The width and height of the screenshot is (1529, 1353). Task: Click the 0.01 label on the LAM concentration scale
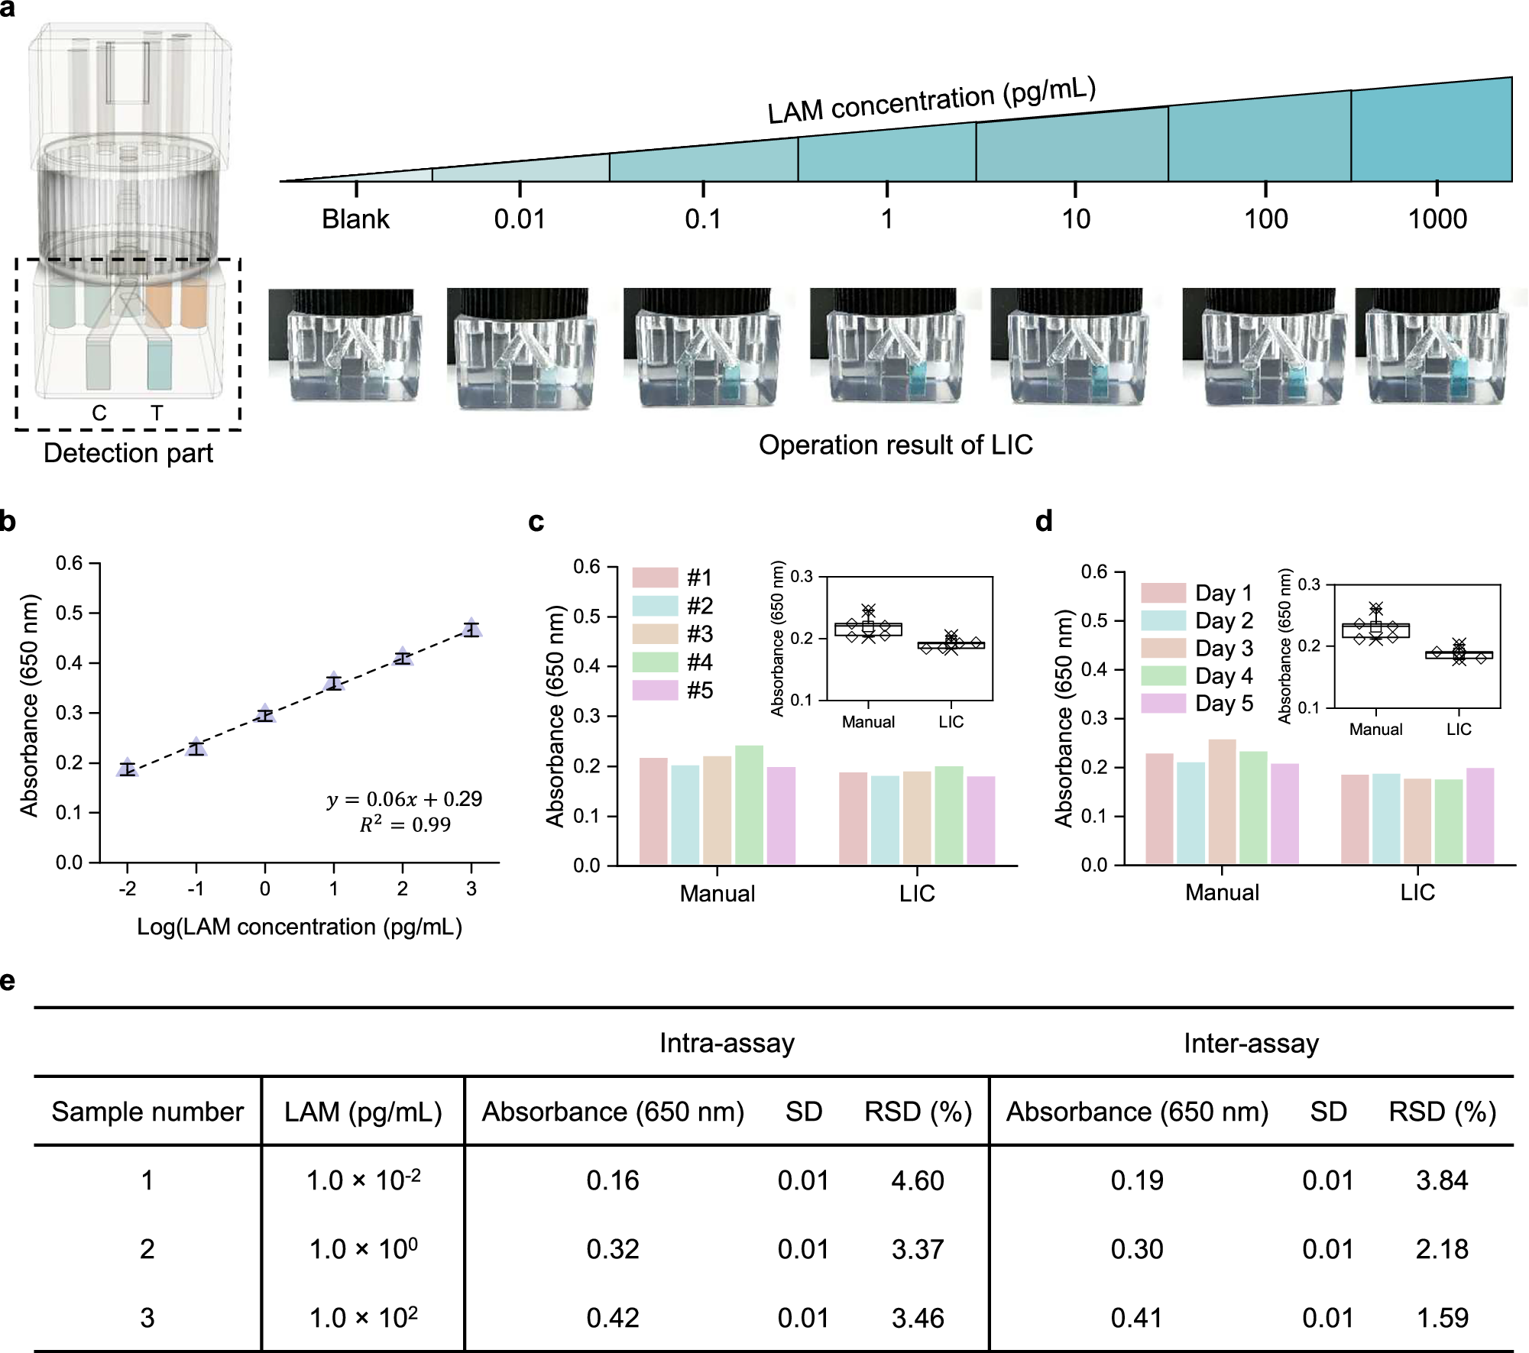[520, 219]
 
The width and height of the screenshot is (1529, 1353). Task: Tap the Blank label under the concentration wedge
[355, 219]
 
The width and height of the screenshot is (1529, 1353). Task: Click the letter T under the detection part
[157, 413]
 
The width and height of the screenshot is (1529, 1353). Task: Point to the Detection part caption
[128, 453]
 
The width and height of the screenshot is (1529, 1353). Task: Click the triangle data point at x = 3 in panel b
[471, 627]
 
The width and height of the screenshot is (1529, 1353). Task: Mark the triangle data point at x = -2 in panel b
[128, 767]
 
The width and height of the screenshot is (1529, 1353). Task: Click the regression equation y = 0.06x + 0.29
[404, 799]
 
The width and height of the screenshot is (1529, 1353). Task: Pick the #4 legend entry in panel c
[672, 662]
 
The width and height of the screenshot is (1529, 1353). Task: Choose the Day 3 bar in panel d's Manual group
[1222, 801]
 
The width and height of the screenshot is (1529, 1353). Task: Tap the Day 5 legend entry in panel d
[1197, 704]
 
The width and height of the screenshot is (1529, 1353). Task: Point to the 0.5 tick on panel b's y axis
[70, 613]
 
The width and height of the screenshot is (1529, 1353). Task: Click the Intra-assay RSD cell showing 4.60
[917, 1180]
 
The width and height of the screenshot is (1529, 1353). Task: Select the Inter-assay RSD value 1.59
[1442, 1318]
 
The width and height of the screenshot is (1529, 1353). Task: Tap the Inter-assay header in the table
[1251, 1044]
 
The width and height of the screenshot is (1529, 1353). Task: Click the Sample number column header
[147, 1112]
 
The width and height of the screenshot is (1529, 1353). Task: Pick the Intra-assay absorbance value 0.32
[612, 1249]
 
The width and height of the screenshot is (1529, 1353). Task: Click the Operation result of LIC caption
[896, 445]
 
